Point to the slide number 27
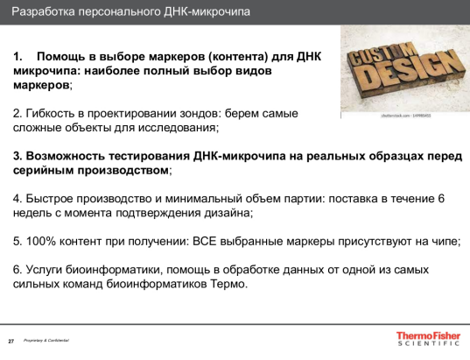[11, 340]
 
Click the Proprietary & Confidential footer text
[46, 340]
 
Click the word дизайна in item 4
[227, 212]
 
